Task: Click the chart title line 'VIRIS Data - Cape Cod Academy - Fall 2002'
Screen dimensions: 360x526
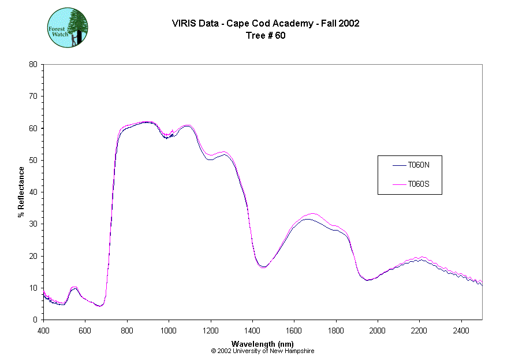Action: [x=266, y=24]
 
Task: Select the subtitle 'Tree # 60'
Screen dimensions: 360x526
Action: [x=266, y=35]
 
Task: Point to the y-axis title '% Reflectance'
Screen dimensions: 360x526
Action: [x=21, y=192]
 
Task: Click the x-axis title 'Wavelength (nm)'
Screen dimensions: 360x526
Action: [x=263, y=344]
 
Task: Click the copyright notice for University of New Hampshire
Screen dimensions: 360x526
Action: [x=263, y=351]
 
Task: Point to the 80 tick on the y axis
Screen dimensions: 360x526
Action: [x=33, y=64]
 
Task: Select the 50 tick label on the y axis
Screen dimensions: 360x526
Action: [x=33, y=160]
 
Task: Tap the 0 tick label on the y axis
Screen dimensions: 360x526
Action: [x=35, y=320]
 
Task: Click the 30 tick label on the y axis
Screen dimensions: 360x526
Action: [x=33, y=224]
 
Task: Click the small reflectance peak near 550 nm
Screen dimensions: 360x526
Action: [x=74, y=287]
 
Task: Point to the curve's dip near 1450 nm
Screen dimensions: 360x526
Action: [x=263, y=267]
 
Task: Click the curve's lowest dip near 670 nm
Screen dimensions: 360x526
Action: [x=100, y=306]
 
